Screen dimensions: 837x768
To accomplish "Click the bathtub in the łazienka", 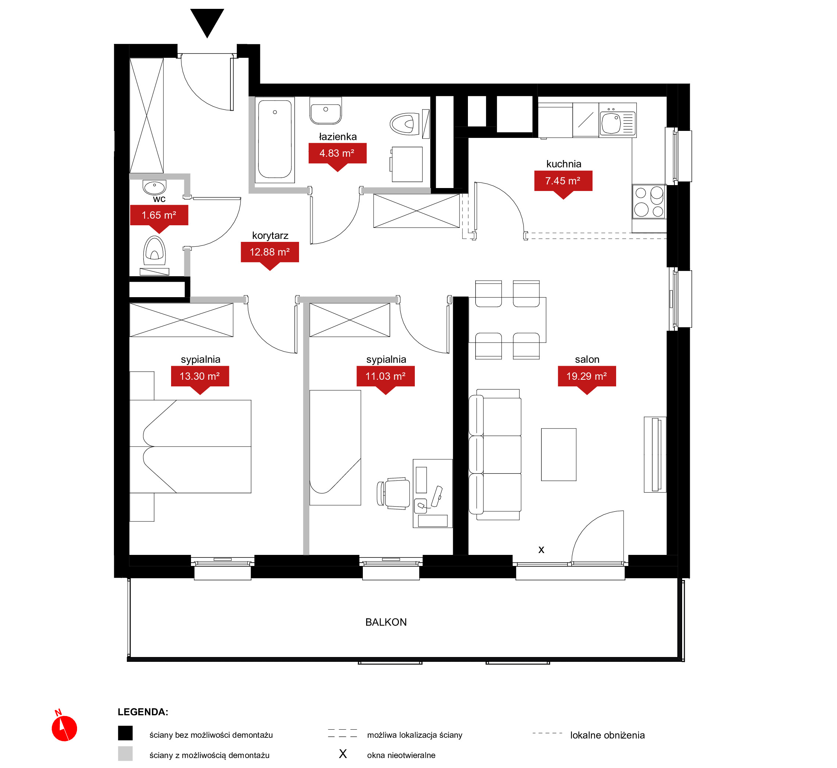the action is tap(275, 140).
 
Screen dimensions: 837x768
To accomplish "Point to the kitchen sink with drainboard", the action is tap(618, 123).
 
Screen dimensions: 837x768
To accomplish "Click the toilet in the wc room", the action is tap(154, 251).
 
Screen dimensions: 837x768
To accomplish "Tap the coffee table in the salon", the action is tap(559, 455).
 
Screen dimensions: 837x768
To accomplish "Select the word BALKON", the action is tap(386, 622).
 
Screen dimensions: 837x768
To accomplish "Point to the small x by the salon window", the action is tap(541, 550).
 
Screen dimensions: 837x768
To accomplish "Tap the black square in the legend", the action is tap(125, 733).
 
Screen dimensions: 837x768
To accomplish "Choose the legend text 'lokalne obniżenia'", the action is tap(607, 735).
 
